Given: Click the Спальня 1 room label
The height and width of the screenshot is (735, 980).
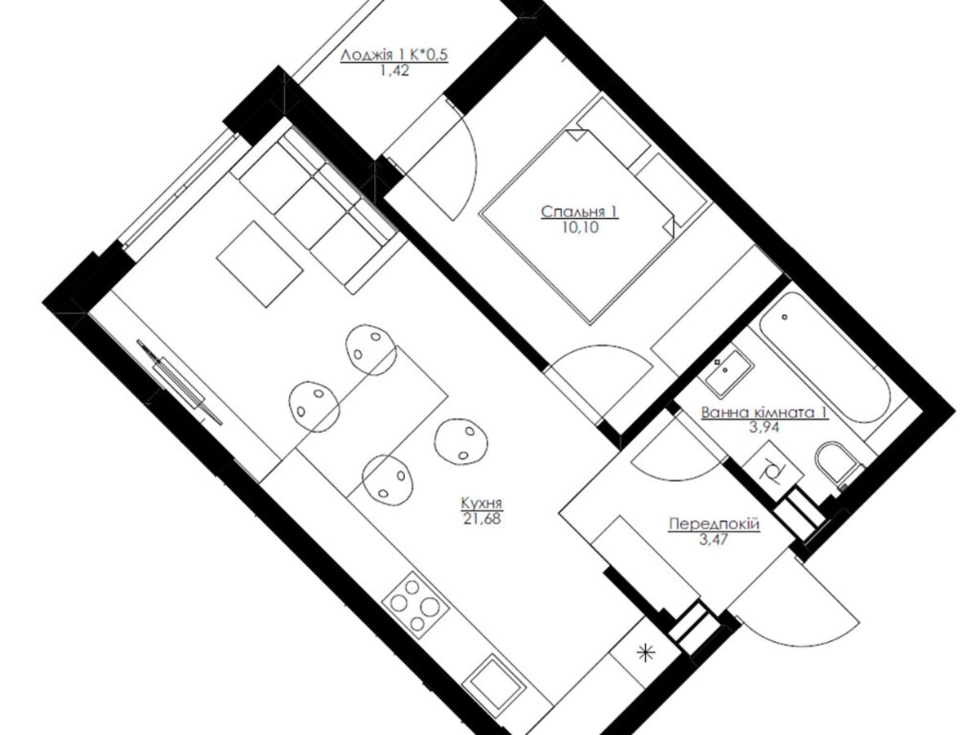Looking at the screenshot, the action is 580,212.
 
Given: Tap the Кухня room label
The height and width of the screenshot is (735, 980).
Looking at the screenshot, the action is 482,503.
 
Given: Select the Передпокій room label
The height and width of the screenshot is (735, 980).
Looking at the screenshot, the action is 714,523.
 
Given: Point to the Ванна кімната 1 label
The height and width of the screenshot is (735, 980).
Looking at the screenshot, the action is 764,412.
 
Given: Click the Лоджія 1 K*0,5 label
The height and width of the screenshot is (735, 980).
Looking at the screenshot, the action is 394,56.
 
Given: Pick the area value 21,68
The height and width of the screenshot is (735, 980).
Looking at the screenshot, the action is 482,518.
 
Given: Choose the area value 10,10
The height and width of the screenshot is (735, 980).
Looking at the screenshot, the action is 581,228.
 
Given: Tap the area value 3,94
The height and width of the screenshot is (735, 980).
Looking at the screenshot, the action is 764,427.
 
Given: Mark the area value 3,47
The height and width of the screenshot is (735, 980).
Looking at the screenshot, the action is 714,540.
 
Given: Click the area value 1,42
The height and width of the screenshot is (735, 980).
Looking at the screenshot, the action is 394,70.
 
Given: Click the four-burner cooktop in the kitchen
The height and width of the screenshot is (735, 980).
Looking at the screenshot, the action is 416,606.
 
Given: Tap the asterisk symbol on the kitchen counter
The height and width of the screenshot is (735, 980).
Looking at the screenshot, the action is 645,654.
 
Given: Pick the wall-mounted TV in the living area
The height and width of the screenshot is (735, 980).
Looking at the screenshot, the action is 180,382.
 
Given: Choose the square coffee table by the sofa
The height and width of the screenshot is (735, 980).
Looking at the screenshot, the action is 260,264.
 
